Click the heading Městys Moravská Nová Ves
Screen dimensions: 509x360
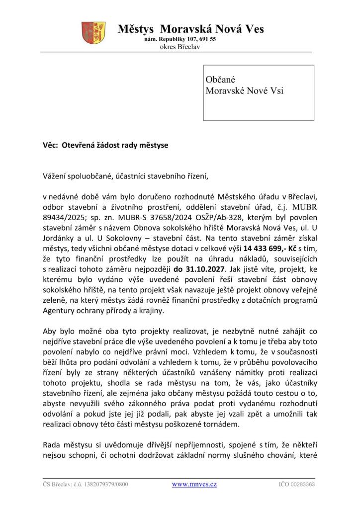tap(191, 29)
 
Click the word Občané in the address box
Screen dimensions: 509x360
tap(220, 80)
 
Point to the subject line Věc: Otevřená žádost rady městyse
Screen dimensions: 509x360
tap(105, 146)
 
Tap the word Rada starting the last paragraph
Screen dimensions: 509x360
tap(52, 444)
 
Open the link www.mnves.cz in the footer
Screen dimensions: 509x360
tap(194, 484)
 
